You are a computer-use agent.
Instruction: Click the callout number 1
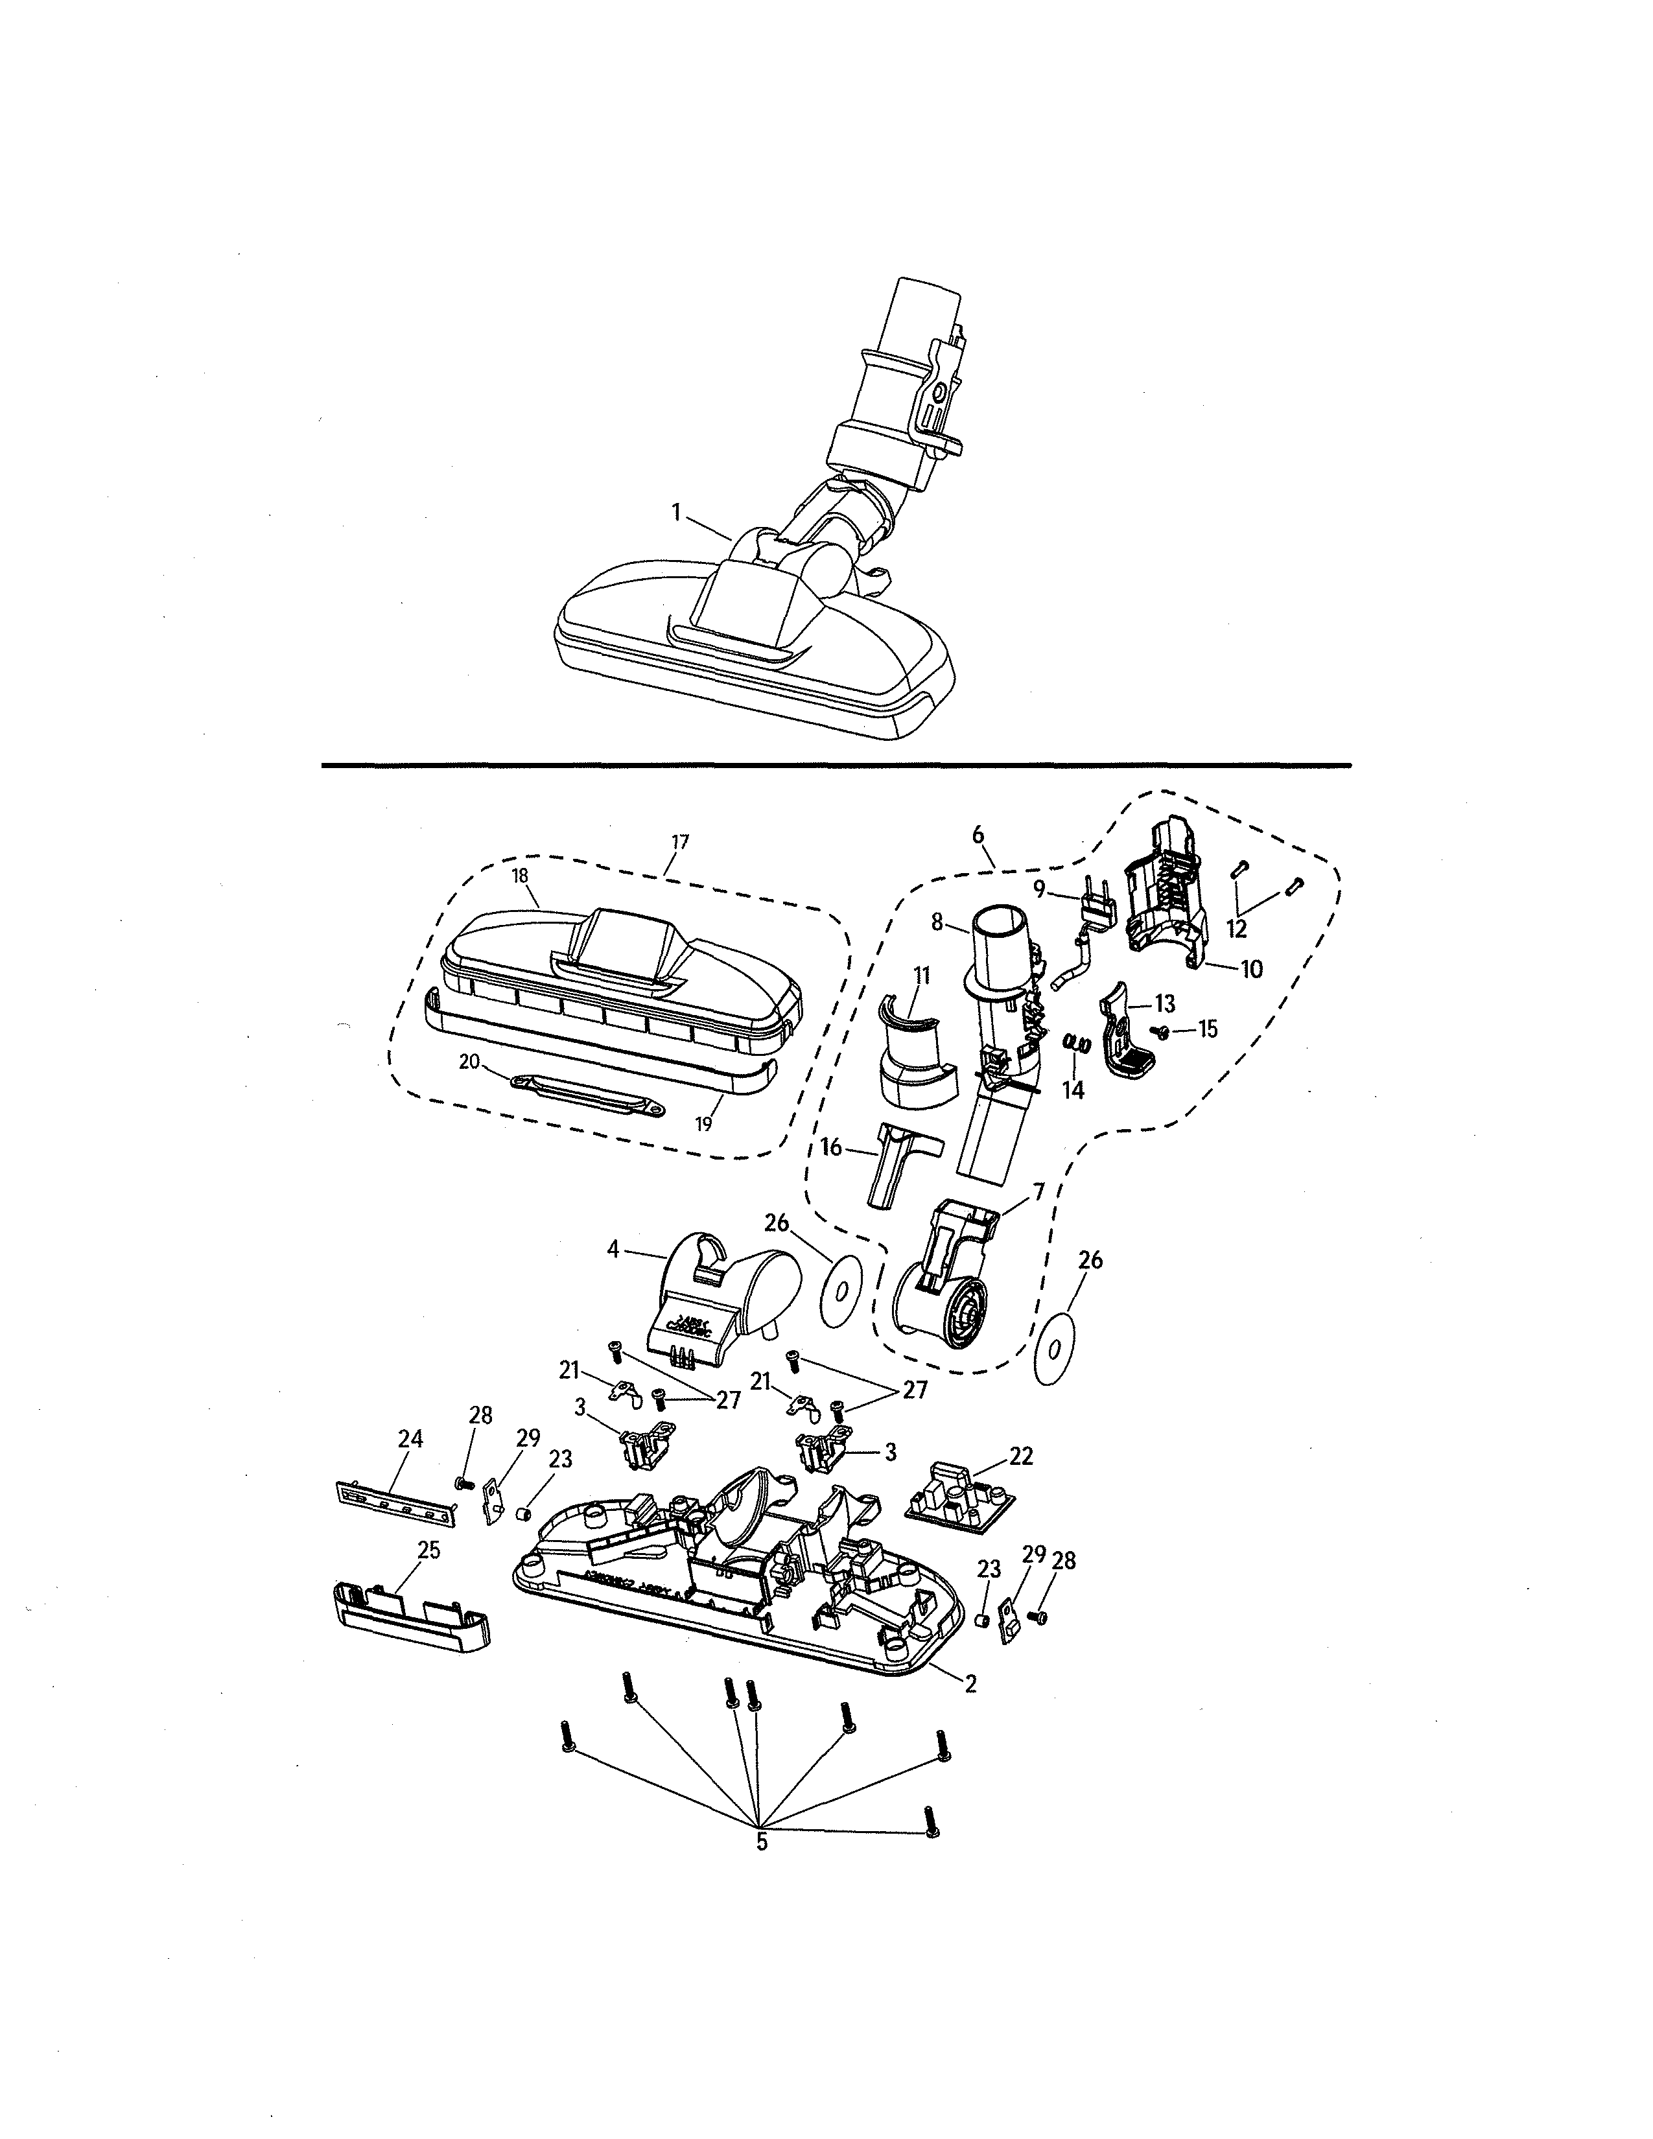[x=675, y=511]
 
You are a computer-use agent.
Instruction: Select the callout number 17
[x=681, y=841]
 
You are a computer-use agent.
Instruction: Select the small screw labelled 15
[x=1164, y=1031]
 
